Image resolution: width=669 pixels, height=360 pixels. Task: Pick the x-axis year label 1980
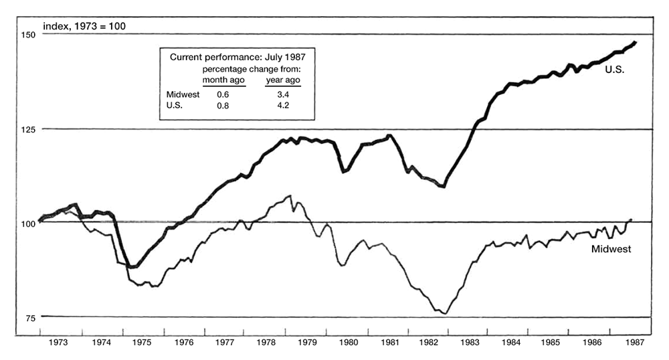pos(348,341)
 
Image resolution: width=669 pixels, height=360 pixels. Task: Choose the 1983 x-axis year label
pos(470,341)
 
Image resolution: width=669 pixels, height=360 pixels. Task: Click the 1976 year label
pos(184,341)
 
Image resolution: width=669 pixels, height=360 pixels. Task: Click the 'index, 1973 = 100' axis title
pos(84,27)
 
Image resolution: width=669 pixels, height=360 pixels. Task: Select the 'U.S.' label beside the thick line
pos(614,69)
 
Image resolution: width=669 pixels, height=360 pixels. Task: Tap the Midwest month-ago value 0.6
pos(223,95)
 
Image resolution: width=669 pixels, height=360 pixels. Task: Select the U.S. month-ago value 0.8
pos(223,106)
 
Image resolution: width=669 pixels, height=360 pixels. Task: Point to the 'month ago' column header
pos(223,80)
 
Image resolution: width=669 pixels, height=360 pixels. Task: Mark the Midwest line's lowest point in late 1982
pos(444,314)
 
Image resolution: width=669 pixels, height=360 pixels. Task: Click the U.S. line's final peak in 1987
pos(635,41)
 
